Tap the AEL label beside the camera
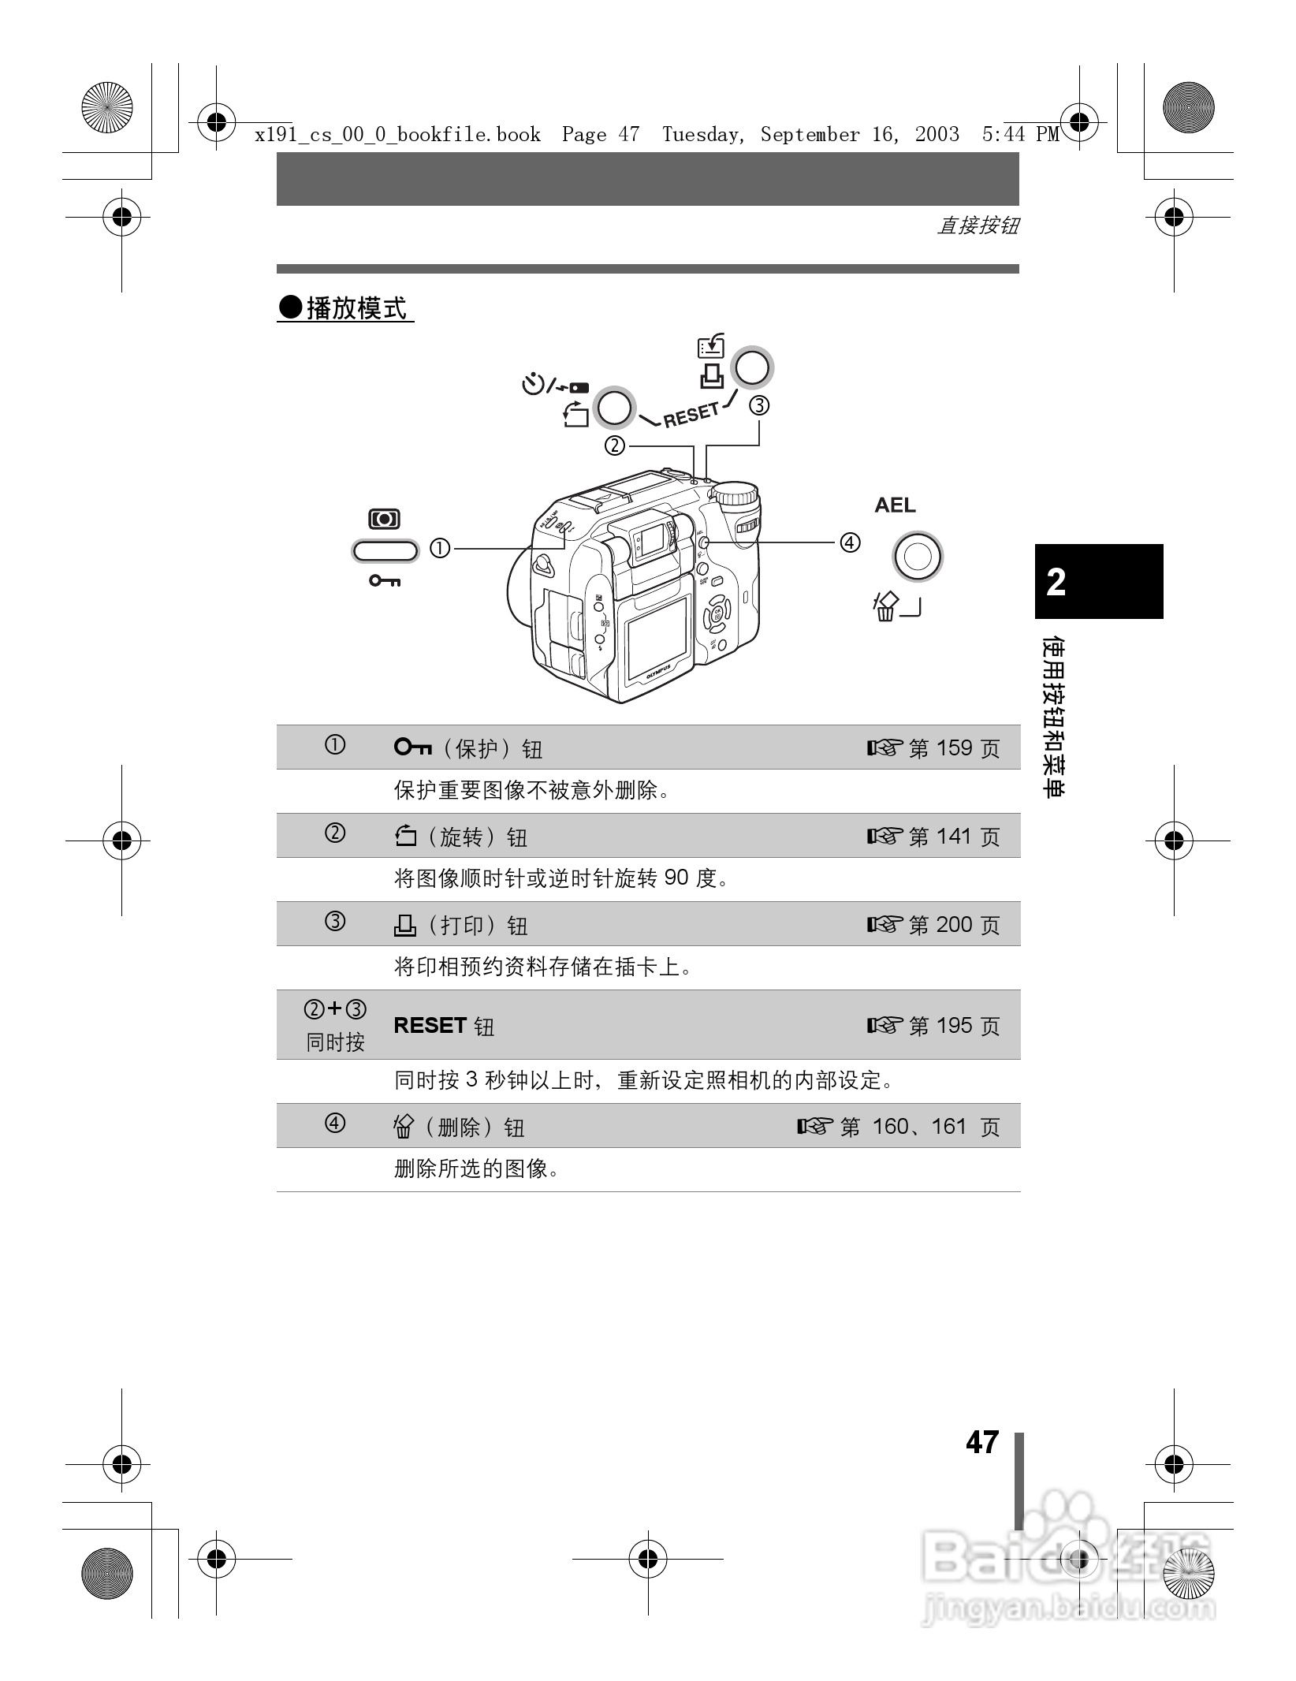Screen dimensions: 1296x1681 click(895, 505)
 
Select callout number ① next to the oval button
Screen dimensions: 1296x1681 click(439, 548)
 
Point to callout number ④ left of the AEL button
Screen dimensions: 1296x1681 click(849, 542)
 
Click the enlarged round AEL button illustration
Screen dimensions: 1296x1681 click(917, 557)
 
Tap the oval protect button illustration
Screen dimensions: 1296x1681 click(385, 551)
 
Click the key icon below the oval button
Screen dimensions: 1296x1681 click(385, 581)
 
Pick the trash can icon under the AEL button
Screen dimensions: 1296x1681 click(886, 607)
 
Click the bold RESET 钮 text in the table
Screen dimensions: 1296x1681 click(444, 1026)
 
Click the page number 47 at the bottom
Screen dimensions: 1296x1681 click(982, 1443)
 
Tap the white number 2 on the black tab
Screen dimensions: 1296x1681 click(1056, 583)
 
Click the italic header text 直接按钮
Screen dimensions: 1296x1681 click(978, 226)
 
